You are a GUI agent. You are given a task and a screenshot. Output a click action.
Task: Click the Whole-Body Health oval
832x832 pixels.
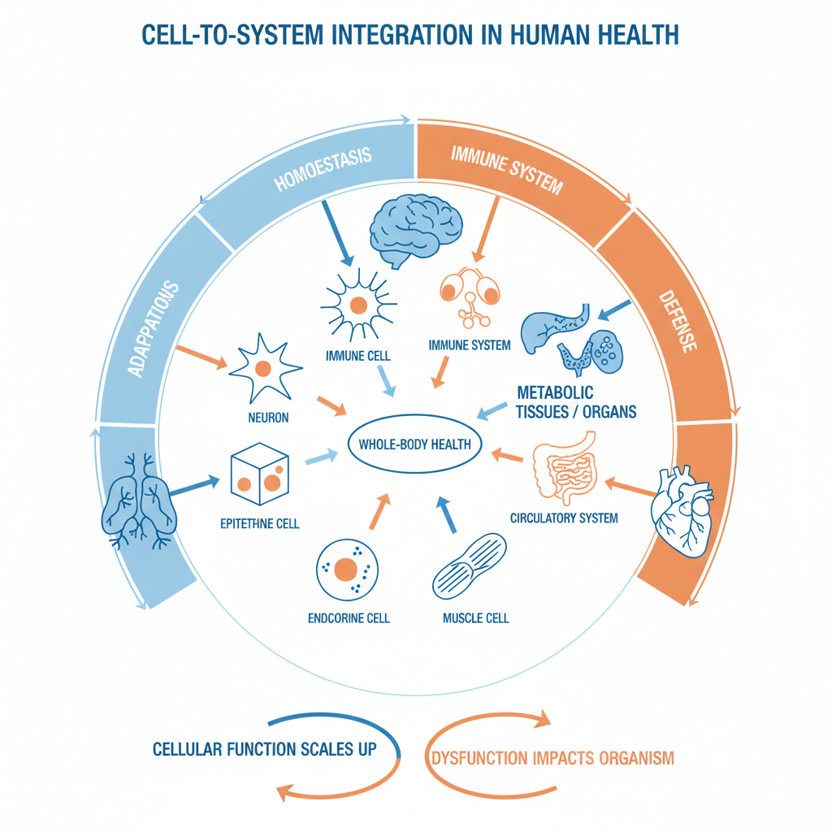pos(414,444)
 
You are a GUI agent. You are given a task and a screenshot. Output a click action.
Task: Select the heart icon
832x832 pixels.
pos(683,513)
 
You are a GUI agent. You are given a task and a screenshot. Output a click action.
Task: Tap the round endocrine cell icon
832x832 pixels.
pos(345,568)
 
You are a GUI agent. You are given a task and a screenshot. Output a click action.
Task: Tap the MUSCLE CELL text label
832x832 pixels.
pos(476,618)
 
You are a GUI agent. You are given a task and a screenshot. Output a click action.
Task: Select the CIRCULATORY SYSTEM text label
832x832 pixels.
pos(564,518)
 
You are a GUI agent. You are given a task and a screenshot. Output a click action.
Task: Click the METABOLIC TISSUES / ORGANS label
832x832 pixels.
pos(575,402)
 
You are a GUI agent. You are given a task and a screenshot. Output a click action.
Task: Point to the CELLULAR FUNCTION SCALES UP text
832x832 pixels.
pos(264,748)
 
